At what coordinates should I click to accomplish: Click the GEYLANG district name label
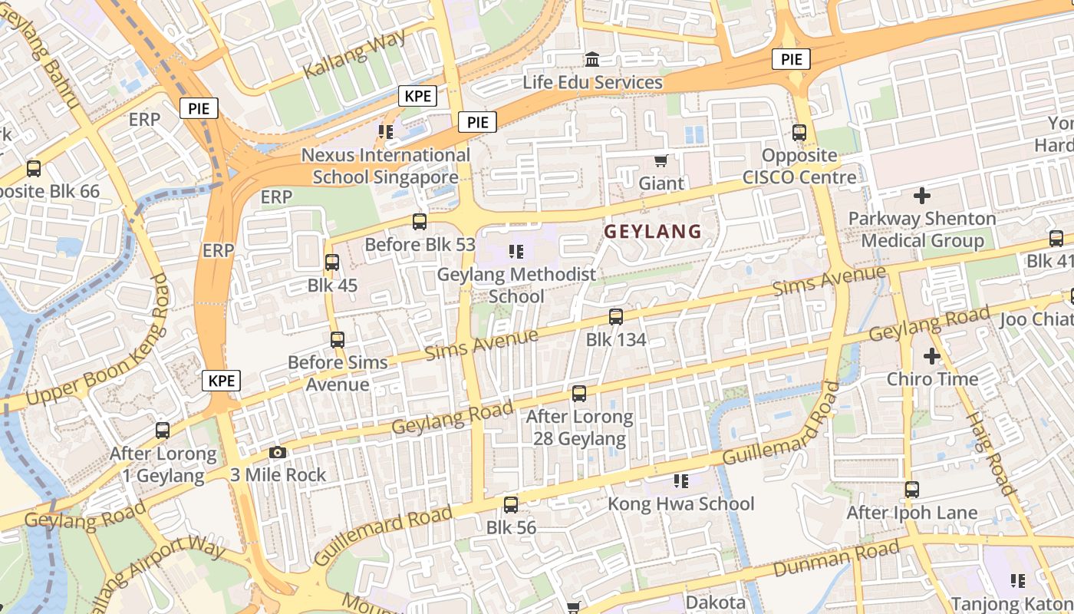click(x=653, y=231)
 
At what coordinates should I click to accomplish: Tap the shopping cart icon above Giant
click(x=661, y=160)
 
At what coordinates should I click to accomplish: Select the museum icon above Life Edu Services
click(x=592, y=59)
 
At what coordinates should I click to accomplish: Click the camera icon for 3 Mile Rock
click(x=278, y=453)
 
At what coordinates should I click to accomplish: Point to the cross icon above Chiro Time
click(x=932, y=356)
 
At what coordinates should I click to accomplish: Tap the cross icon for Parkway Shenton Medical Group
click(x=922, y=196)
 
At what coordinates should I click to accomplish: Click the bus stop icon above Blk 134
click(x=615, y=316)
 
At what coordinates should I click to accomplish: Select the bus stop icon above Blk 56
click(x=511, y=505)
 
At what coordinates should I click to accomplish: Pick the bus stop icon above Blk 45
click(x=332, y=262)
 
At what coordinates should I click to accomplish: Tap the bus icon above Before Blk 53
click(x=419, y=222)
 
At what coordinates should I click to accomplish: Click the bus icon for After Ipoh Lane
click(x=911, y=490)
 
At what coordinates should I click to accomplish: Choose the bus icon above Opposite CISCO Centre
click(x=799, y=133)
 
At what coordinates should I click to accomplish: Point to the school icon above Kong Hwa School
click(x=680, y=481)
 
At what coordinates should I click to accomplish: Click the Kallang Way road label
click(x=354, y=54)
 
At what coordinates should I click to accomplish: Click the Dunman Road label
click(x=836, y=559)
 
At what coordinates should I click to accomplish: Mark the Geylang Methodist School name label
click(x=516, y=285)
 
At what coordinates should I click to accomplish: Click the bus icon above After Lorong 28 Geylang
click(x=579, y=394)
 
